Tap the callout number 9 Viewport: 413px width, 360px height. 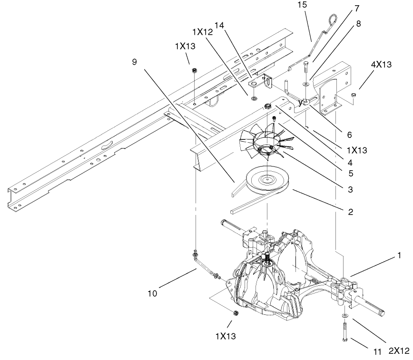(135, 61)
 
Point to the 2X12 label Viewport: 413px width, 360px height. (398, 351)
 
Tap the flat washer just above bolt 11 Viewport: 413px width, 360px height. (344, 316)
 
